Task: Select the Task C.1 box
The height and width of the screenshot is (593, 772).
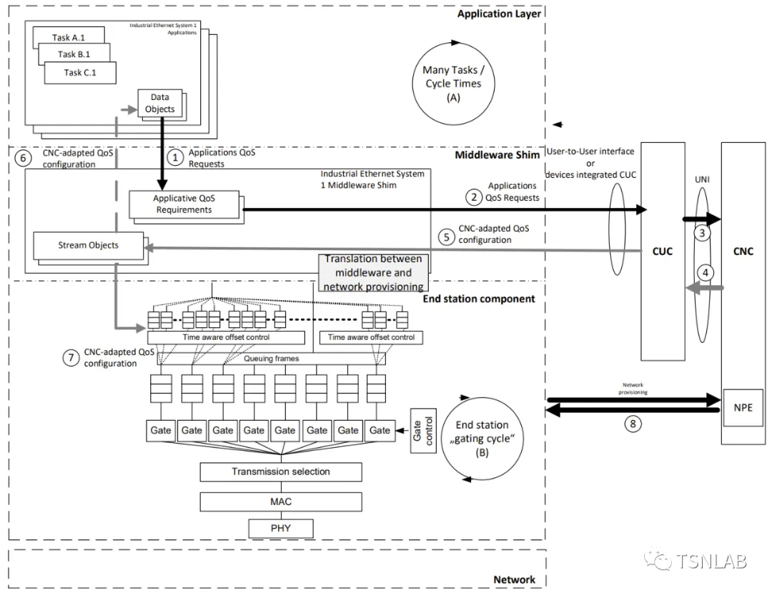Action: (80, 72)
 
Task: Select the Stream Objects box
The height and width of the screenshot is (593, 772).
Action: (88, 246)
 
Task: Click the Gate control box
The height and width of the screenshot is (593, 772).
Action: (420, 429)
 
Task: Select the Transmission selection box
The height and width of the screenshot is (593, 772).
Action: (281, 472)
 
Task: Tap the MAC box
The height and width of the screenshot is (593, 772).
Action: (281, 502)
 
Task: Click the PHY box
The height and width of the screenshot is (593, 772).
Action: (281, 529)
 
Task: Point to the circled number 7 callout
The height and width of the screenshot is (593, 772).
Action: (69, 358)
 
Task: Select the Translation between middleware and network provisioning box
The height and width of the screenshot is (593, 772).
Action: (374, 272)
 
